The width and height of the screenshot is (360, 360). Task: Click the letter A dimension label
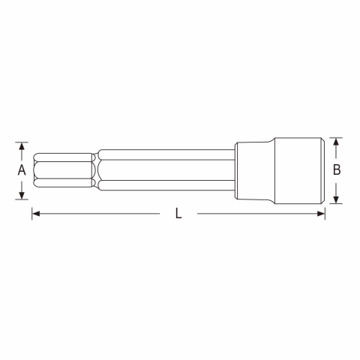point(22,170)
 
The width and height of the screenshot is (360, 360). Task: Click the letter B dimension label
point(337,169)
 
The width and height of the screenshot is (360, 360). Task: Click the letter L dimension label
point(178,214)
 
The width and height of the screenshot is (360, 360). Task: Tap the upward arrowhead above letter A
point(22,146)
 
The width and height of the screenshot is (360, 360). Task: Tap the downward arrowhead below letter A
point(22,196)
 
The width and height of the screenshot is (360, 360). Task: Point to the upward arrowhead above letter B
point(336,142)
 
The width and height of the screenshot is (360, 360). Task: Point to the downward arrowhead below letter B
point(336,199)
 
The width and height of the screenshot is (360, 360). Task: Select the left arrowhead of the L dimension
point(36,214)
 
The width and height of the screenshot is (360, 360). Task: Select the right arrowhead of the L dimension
point(321,214)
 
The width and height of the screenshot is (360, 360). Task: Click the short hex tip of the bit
point(62,170)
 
